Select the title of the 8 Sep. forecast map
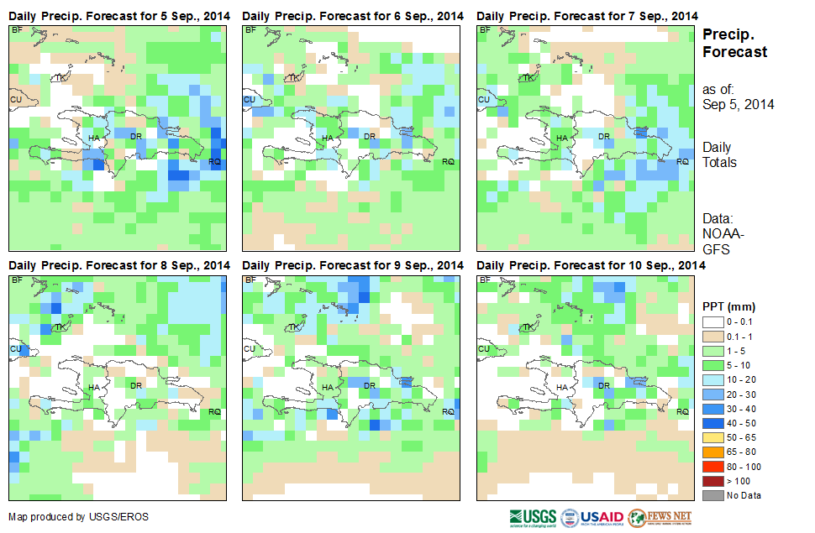118,265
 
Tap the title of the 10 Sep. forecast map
590,265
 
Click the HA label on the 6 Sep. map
328,138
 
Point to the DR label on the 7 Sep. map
603,136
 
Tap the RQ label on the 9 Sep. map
448,411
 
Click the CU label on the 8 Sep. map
14,348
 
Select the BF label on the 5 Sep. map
17,30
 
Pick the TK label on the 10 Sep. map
527,327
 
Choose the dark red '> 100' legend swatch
712,480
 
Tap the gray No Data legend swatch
712,494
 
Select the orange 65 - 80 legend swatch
712,452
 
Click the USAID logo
592,516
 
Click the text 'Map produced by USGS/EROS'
78,517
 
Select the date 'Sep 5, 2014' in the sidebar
738,105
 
